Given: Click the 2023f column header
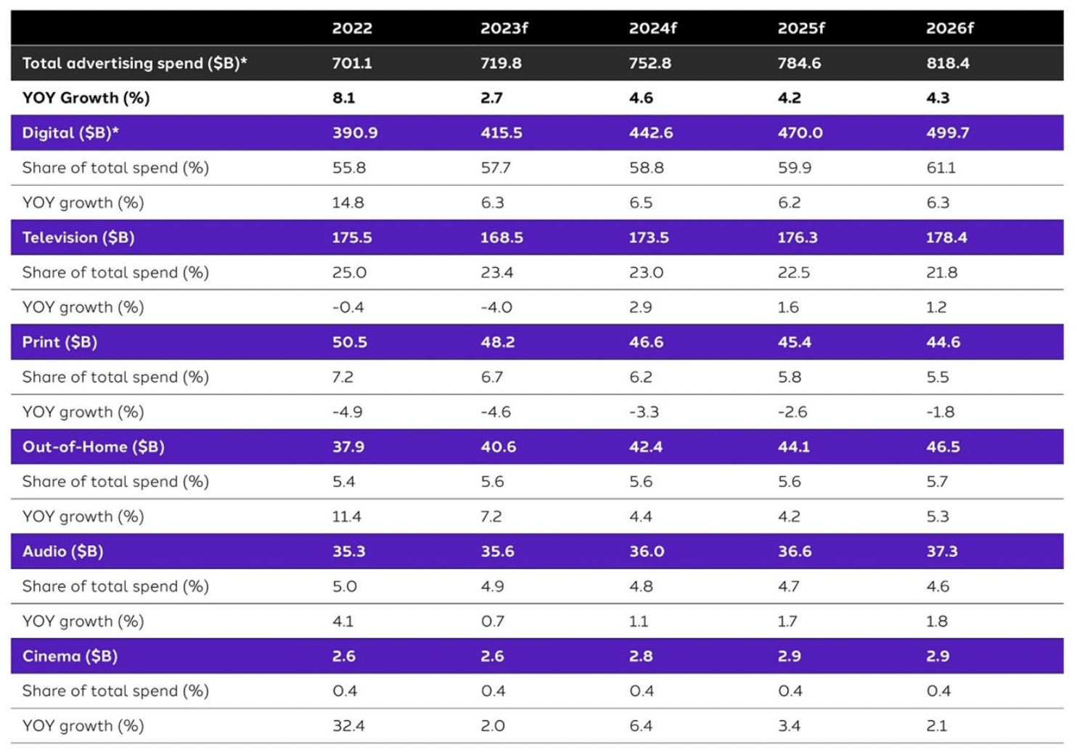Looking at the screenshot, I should (x=504, y=28).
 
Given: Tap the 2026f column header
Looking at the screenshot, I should (x=949, y=28).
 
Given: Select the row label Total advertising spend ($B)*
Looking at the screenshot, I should (x=134, y=63).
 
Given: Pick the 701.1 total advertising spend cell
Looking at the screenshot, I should (x=352, y=63).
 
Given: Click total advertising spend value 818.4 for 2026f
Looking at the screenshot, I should (x=947, y=63).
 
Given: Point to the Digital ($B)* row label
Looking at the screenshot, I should (x=70, y=133).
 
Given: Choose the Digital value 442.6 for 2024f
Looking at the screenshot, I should (x=650, y=133).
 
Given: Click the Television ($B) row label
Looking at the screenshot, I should (x=78, y=237).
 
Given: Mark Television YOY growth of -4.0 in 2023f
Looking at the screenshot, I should (x=496, y=307).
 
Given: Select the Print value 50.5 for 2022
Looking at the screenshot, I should (x=350, y=342).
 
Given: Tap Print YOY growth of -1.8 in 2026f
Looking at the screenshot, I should (x=940, y=412).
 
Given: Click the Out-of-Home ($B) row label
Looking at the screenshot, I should (x=93, y=446).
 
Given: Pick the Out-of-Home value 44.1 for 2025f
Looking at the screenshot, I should (x=793, y=446).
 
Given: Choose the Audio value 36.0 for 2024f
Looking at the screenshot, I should (x=646, y=551).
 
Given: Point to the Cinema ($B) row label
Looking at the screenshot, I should (x=70, y=656).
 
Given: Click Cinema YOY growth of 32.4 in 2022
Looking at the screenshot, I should (x=348, y=725).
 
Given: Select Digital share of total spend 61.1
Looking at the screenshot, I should (x=941, y=168).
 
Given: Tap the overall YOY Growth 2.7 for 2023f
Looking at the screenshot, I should (x=491, y=98).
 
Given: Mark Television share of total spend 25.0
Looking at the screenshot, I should (x=349, y=272).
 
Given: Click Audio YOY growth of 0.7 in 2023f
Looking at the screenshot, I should (x=492, y=621).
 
